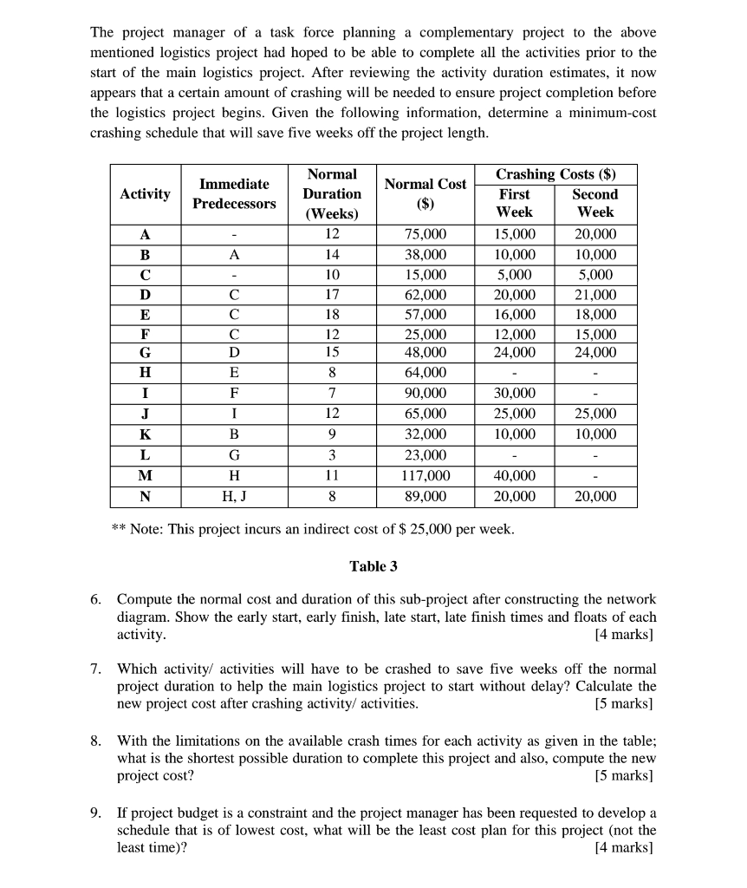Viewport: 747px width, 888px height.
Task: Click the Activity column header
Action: tap(145, 193)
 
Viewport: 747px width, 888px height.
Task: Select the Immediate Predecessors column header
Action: tap(234, 193)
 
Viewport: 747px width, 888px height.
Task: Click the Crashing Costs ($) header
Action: tap(555, 173)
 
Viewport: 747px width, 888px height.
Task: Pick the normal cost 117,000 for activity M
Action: tap(425, 475)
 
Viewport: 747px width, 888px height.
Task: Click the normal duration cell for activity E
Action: tap(332, 314)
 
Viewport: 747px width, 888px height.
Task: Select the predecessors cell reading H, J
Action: tap(234, 496)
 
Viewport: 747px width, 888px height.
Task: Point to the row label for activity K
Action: tap(145, 434)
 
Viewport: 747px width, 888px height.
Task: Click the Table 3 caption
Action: tap(373, 566)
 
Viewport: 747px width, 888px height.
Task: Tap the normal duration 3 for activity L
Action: tap(332, 455)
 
